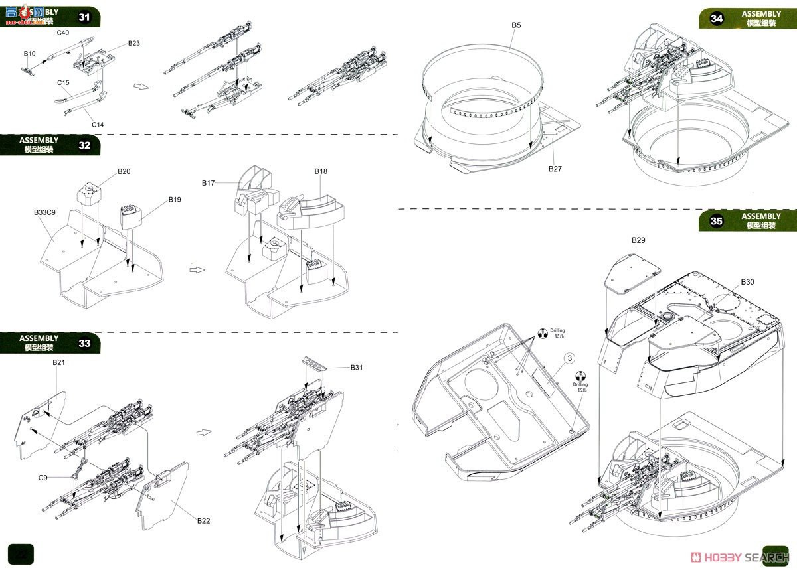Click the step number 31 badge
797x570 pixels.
tap(84, 17)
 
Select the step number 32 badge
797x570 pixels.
tap(84, 145)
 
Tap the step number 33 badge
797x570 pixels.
tap(84, 343)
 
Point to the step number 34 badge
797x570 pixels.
tap(716, 18)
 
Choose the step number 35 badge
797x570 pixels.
tap(716, 222)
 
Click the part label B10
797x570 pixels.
tap(29, 53)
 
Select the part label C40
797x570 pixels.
tap(63, 33)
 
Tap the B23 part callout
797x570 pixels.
tap(133, 44)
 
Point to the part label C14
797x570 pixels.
tap(98, 124)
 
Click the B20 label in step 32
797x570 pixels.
tap(124, 171)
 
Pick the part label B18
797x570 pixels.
tap(321, 171)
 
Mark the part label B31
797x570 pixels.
tap(357, 368)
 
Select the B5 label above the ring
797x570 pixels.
tap(516, 25)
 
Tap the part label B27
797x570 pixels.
tap(555, 169)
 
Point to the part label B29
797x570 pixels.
tap(638, 240)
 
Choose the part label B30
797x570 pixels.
tap(747, 282)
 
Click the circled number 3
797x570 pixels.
tap(569, 358)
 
